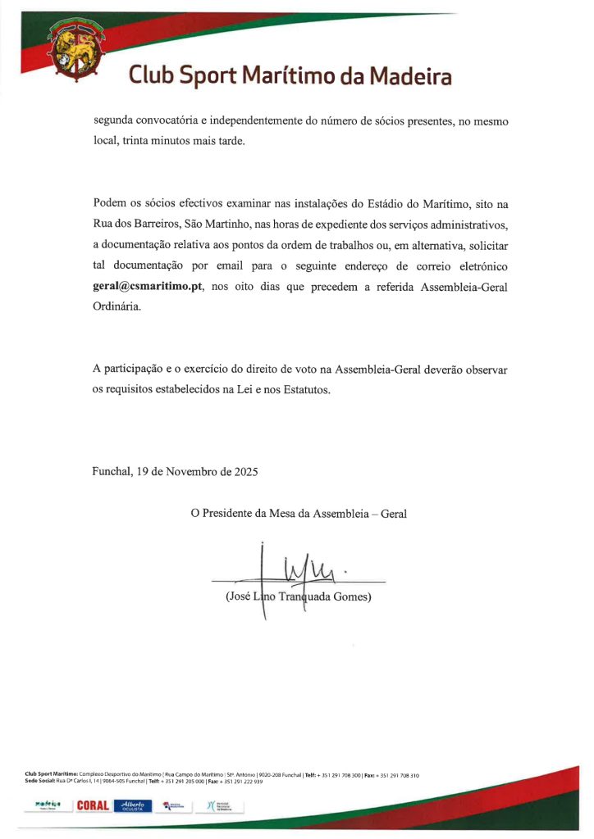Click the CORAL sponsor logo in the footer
[93, 805]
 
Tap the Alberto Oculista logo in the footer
[134, 805]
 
